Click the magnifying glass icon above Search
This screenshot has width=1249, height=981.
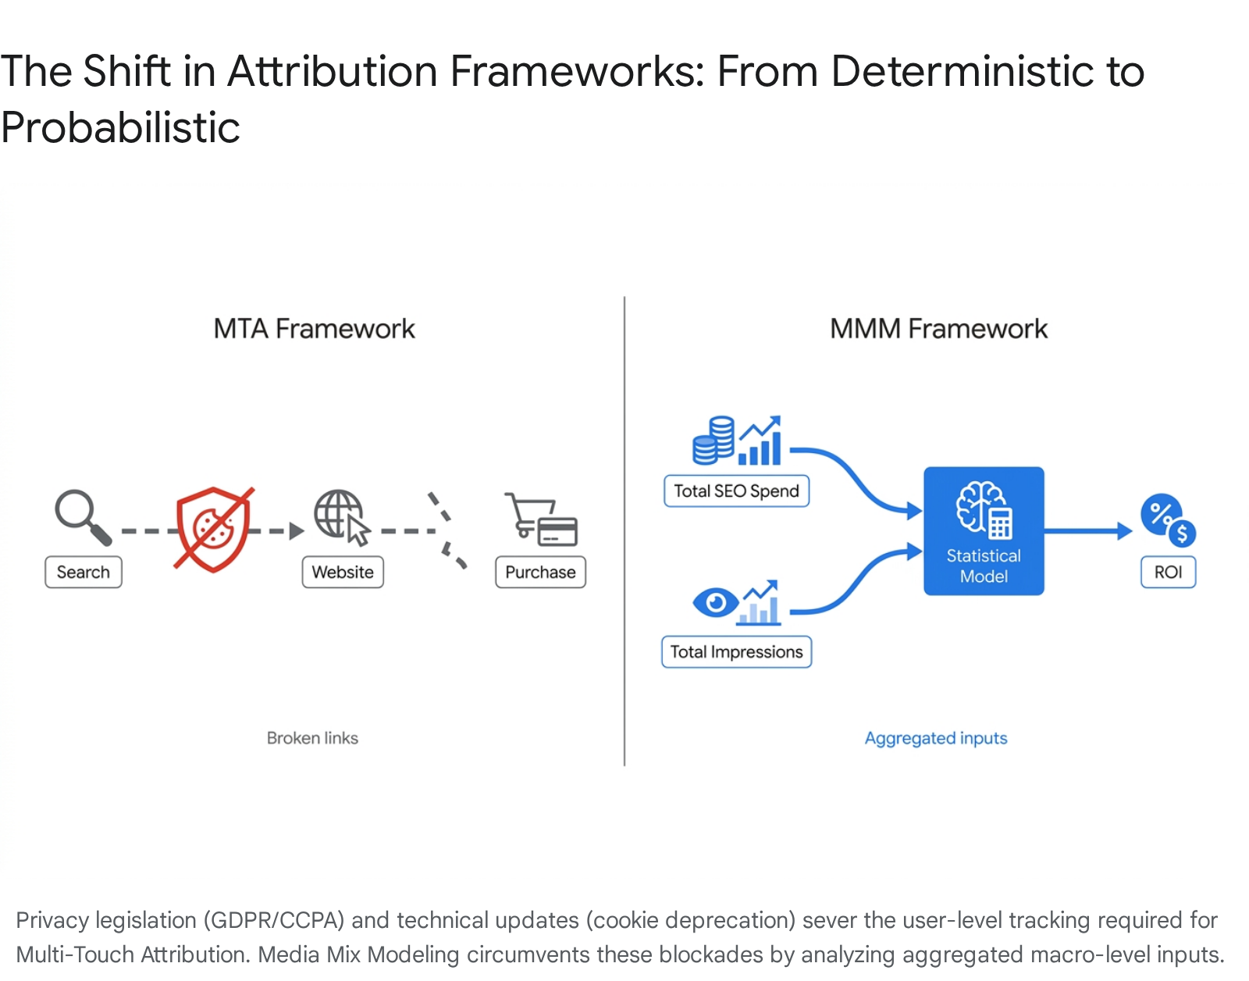coord(82,516)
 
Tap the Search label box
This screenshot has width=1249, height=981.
coord(84,573)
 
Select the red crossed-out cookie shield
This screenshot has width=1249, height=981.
coord(214,529)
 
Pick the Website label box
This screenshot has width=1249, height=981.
coord(343,573)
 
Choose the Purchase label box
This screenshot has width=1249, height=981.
coord(540,573)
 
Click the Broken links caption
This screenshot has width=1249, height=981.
coord(312,738)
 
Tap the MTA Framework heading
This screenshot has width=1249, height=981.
coord(314,329)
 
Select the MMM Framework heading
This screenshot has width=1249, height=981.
coord(938,329)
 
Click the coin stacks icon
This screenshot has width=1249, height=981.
coord(713,441)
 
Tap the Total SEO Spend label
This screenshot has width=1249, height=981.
coord(736,491)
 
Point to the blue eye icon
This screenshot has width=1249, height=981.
coord(716,603)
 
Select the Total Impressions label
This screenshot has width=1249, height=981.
coord(736,652)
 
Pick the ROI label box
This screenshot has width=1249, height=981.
coord(1168,573)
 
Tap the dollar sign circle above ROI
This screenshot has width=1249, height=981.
coord(1182,533)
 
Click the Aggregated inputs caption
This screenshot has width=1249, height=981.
coord(936,738)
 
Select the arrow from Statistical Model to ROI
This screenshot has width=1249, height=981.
coord(1088,531)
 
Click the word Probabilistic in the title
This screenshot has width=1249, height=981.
coord(120,127)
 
